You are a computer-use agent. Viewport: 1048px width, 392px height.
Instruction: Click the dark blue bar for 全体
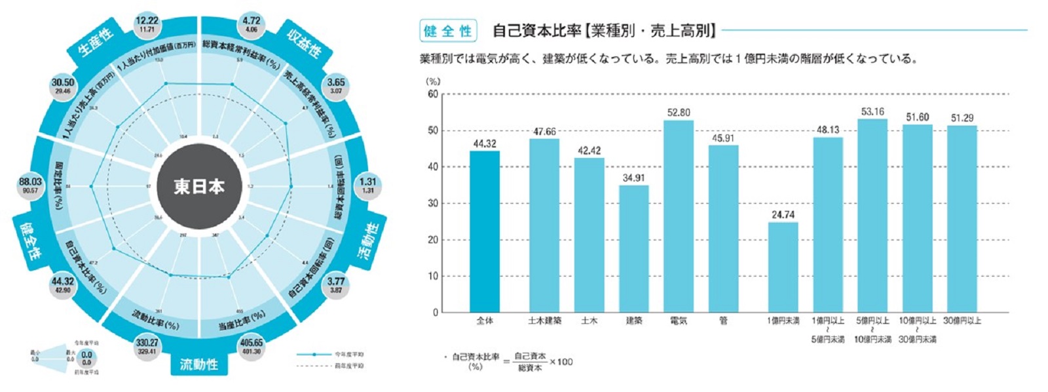click(x=484, y=231)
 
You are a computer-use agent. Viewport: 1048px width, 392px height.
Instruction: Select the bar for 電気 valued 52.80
click(x=678, y=216)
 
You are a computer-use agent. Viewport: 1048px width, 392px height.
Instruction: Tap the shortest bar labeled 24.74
click(x=783, y=267)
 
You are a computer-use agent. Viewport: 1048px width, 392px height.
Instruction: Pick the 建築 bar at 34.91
click(x=633, y=249)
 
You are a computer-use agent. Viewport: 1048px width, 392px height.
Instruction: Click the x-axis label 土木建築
click(x=544, y=321)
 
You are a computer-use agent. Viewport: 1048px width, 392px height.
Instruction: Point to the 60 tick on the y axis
click(x=433, y=94)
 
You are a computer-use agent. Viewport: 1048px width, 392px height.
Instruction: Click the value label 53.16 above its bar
click(x=872, y=112)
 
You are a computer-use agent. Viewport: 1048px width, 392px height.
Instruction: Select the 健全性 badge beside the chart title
click(x=448, y=31)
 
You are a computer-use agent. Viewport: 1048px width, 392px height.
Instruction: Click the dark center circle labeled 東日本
click(x=199, y=187)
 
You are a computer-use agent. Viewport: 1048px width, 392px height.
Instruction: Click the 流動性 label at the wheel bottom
click(x=199, y=364)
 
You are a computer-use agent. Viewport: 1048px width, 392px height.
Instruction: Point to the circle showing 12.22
click(x=147, y=25)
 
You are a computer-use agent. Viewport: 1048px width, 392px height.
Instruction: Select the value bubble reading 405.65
click(x=251, y=346)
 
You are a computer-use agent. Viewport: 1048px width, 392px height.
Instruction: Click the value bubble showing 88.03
click(x=30, y=186)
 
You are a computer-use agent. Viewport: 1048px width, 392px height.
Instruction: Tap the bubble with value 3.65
click(x=336, y=86)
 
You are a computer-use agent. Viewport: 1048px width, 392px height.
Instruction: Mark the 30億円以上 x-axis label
click(x=962, y=321)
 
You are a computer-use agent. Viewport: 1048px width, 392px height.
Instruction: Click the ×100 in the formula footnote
click(x=561, y=362)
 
